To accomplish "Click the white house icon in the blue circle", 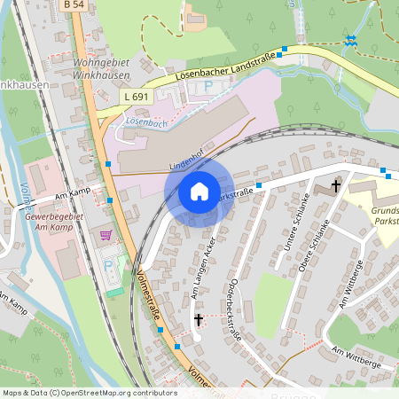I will pos(199,192).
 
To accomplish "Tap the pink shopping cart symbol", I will pos(106,235).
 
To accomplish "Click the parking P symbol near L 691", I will pos(208,86).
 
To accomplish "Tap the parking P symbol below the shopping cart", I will pos(109,265).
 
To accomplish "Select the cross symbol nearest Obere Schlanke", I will pos(336,186).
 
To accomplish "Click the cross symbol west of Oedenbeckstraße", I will pos(198,318).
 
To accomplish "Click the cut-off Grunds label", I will pos(383,210).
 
